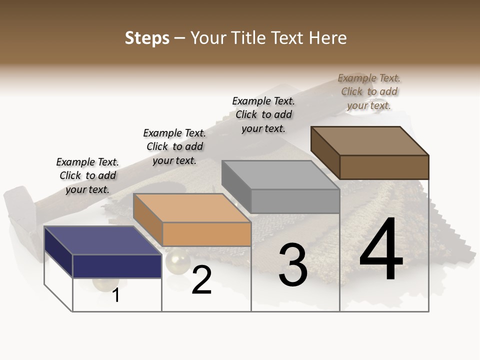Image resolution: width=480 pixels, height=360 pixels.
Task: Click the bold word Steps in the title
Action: (146, 38)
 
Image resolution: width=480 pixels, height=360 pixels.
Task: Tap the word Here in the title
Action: (328, 38)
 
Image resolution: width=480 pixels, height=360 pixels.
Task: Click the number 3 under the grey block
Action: (292, 265)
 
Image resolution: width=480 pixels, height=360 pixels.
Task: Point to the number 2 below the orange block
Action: (201, 280)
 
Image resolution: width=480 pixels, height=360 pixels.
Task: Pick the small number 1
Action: (116, 295)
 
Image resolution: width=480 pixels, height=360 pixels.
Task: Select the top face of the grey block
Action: (280, 175)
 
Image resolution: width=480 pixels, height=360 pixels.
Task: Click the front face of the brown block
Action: (384, 167)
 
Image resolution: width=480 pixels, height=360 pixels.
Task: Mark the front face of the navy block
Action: (117, 266)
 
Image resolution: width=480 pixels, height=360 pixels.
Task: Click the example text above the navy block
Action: (87, 175)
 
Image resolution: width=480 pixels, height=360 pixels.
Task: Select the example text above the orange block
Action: (174, 146)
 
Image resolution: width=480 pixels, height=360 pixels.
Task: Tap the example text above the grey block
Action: (263, 114)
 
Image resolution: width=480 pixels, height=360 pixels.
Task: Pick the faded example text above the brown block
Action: (369, 91)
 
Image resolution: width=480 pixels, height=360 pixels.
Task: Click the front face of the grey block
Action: (295, 201)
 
